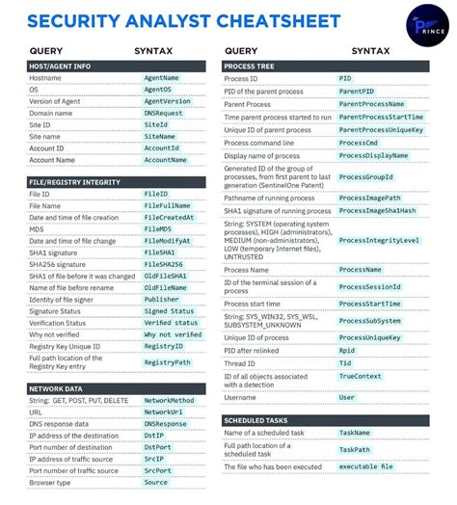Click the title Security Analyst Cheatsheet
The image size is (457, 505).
(183, 20)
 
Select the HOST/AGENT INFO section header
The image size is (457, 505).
(60, 66)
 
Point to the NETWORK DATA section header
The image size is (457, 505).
(57, 388)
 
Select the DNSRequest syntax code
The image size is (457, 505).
(163, 113)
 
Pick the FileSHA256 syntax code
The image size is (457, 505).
(164, 264)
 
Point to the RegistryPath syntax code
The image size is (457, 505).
(167, 362)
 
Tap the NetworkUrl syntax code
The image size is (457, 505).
(163, 412)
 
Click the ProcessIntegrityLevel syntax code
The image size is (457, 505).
(379, 240)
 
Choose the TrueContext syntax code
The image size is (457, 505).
(361, 376)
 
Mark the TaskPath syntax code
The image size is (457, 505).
(354, 449)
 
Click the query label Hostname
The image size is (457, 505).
(45, 78)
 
